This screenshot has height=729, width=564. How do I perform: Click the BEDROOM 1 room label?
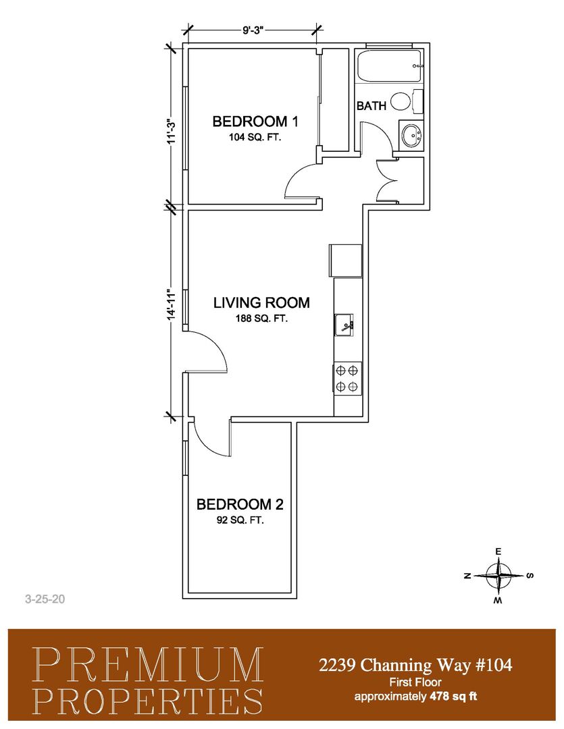255,122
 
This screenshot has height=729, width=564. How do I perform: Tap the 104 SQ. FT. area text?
255,138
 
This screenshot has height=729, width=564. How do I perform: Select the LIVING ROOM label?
261,302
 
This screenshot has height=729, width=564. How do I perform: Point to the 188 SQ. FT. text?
261,319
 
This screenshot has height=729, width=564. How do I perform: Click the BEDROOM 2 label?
240,504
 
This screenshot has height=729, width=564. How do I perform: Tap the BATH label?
371,106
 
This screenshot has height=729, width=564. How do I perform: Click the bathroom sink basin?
411,135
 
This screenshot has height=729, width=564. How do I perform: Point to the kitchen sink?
344,325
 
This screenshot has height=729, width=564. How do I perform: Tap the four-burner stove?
348,379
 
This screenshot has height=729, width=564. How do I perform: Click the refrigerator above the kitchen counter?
346,261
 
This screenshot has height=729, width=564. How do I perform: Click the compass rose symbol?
498,576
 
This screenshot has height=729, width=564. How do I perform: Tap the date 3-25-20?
45,599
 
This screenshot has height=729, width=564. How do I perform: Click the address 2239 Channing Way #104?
415,665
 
